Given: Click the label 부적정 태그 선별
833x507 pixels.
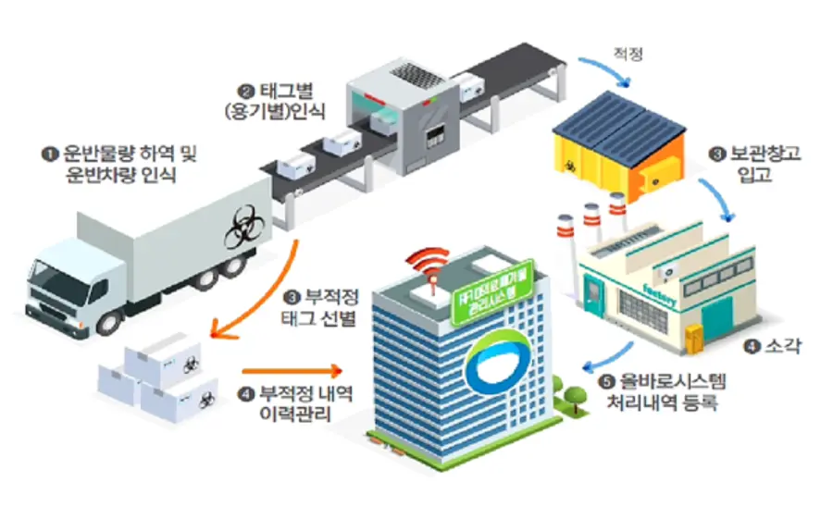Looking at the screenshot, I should tap(320, 307).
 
